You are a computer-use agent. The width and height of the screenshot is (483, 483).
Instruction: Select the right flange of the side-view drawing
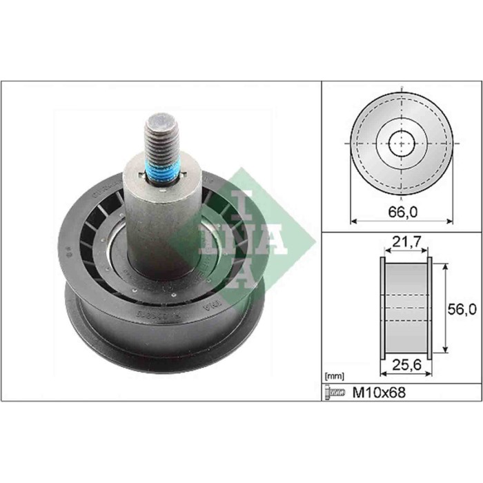tap(429, 308)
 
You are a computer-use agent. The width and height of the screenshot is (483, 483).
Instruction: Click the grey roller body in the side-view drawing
tap(406, 308)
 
